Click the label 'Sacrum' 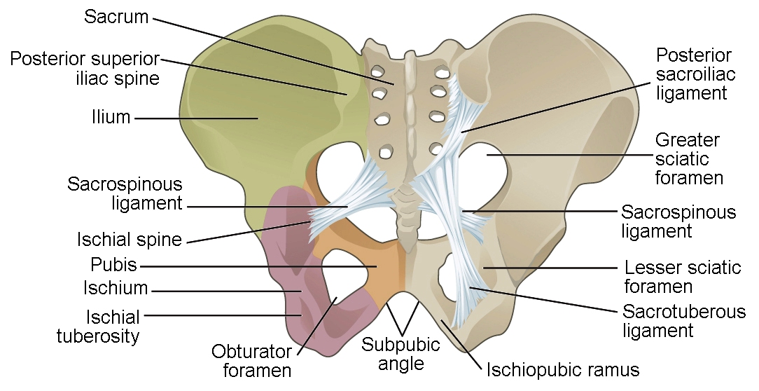point(116,17)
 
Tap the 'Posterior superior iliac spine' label point(85,68)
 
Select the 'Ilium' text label point(111,117)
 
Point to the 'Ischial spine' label point(130,240)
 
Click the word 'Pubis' point(113,266)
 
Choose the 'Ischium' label point(116,287)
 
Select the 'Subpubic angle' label point(401,354)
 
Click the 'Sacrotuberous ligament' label point(684,320)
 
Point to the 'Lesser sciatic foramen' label point(682,277)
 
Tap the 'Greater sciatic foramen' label point(688,159)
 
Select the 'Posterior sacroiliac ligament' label point(693,74)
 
